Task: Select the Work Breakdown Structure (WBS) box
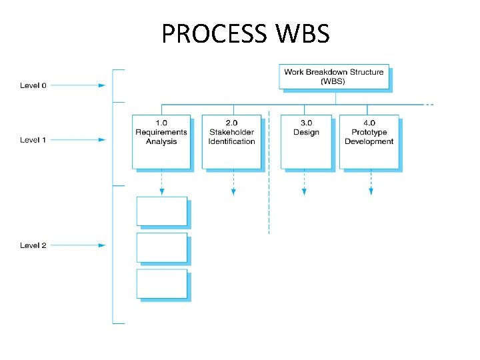click(333, 77)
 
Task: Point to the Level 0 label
click(33, 85)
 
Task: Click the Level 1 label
click(33, 140)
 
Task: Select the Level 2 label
click(33, 245)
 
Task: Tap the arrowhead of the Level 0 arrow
click(102, 85)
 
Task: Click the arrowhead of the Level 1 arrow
click(102, 140)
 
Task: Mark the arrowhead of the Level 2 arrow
click(102, 245)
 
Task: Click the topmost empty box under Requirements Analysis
click(162, 211)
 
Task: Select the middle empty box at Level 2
click(162, 247)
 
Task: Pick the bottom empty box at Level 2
click(162, 283)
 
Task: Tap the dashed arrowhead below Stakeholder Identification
click(233, 192)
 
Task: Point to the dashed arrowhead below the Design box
click(304, 192)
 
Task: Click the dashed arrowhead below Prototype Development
click(371, 192)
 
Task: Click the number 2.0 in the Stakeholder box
click(231, 123)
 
